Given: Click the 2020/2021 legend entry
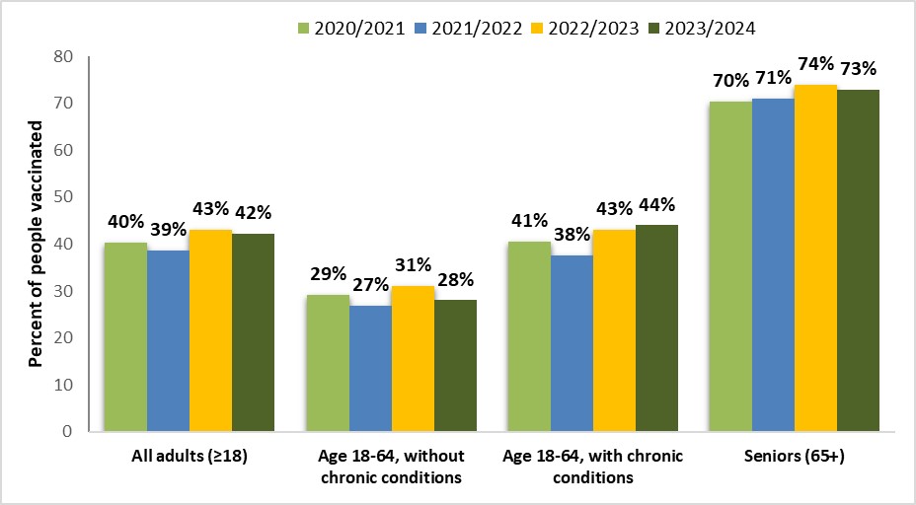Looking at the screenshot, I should pos(350,27).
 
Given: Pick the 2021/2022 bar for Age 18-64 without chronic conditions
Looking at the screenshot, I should pos(370,369).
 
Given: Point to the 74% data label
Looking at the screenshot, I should pos(815,65).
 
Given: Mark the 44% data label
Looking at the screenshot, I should pos(656,205).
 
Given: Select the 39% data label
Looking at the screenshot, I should pos(167,230).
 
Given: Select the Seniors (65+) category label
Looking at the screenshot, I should pos(795,457).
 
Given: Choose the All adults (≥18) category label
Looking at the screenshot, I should pos(188,457).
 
